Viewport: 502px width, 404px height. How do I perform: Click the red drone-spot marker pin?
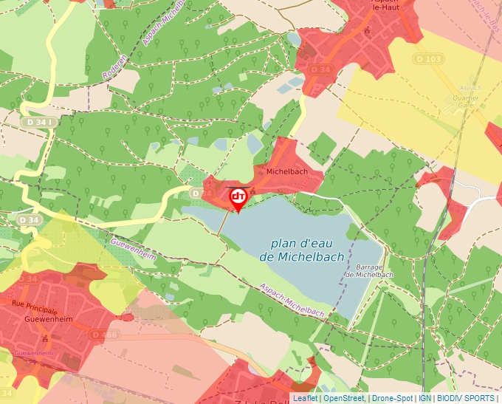(238, 198)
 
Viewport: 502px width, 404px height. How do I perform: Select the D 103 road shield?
(428, 59)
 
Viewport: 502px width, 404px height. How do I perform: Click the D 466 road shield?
(104, 335)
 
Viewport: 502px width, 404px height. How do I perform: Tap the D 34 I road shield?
(38, 122)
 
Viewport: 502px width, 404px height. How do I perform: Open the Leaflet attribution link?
(305, 398)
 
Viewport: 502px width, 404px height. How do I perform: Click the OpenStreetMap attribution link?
(343, 398)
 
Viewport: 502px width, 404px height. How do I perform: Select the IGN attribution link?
(425, 398)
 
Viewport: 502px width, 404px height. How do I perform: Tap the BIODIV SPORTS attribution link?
(466, 398)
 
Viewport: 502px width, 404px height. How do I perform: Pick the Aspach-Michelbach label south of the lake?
(292, 301)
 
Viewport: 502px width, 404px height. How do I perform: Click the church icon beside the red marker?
(253, 193)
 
